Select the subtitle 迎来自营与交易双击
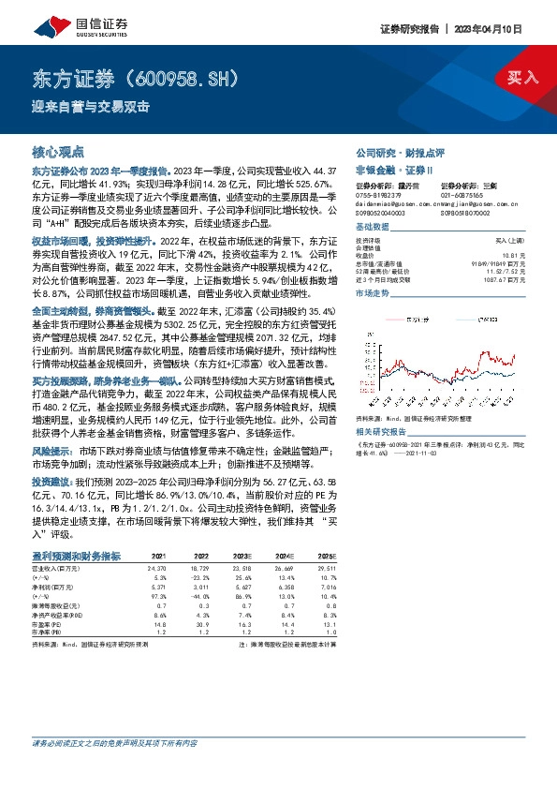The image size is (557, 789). (x=92, y=106)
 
